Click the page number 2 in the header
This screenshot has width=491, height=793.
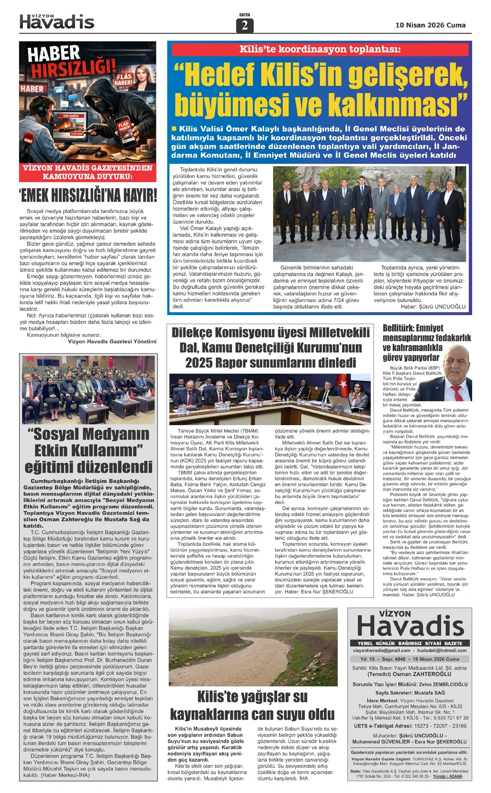tap(245, 26)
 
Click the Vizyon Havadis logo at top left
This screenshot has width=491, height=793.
tap(57, 21)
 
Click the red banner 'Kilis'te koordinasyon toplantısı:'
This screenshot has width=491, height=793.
tap(320, 50)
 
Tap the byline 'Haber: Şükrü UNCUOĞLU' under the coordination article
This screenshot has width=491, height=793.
tap(433, 306)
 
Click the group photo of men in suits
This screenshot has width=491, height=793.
tap(369, 214)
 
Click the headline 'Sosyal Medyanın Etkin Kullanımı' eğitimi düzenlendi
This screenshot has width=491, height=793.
tap(88, 450)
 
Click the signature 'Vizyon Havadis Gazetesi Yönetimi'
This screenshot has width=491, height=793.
tap(112, 341)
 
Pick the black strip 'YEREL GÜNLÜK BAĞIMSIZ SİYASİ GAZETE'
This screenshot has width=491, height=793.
tap(410, 643)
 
